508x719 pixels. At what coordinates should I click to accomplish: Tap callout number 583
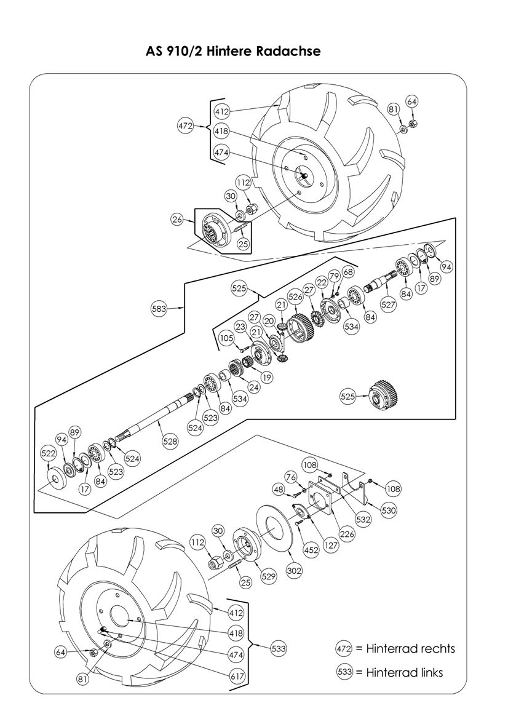pos(160,309)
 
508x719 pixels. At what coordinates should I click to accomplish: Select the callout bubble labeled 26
pos(178,219)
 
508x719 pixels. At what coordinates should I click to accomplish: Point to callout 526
pos(295,296)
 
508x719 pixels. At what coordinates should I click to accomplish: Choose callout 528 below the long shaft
pos(170,440)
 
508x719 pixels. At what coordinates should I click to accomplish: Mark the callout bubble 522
pos(49,453)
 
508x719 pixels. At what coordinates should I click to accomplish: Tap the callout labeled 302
pos(295,571)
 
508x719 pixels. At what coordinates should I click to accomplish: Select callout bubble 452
pos(311,550)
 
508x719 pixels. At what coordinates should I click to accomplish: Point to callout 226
pos(347,534)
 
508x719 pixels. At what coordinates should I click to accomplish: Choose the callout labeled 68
pos(348,272)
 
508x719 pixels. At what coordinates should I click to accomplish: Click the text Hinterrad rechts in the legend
pos(410,649)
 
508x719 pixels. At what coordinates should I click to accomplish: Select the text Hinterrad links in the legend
pos(404,672)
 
